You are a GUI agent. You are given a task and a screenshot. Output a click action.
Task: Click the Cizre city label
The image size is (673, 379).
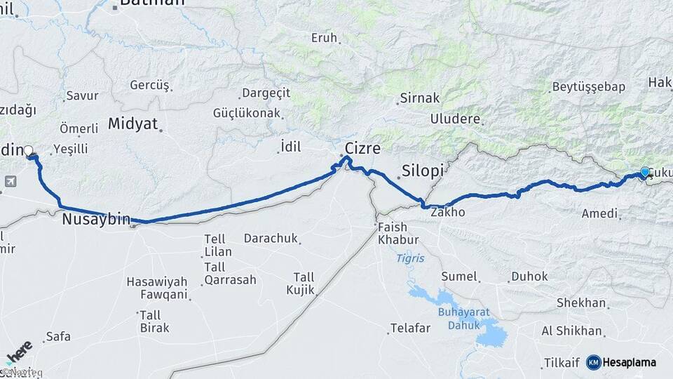pyautogui.click(x=362, y=149)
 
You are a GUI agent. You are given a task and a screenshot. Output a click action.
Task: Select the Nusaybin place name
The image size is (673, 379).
pyautogui.click(x=96, y=220)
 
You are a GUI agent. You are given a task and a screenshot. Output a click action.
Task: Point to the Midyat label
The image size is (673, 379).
pyautogui.click(x=132, y=124)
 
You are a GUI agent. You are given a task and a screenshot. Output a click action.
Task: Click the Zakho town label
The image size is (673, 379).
pyautogui.click(x=447, y=211)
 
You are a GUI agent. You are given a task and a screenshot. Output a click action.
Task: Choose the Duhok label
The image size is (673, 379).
pyautogui.click(x=529, y=277)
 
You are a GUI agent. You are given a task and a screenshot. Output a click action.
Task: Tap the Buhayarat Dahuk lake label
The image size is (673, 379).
pyautogui.click(x=459, y=319)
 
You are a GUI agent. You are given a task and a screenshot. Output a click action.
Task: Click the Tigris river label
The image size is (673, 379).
pyautogui.click(x=410, y=258)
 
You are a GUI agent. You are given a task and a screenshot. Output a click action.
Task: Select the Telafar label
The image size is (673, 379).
pyautogui.click(x=410, y=328)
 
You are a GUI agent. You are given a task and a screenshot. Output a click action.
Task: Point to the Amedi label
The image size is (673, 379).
pyautogui.click(x=599, y=213)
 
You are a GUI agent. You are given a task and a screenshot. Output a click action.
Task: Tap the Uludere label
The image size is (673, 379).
pyautogui.click(x=456, y=119)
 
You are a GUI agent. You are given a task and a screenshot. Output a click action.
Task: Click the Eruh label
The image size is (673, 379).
pyautogui.click(x=324, y=38)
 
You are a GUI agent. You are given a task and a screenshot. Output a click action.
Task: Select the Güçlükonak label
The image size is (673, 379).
pyautogui.click(x=247, y=113)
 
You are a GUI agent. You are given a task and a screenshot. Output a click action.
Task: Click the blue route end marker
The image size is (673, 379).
pyautogui.click(x=644, y=172)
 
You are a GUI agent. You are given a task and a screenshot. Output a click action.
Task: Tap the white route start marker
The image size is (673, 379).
pyautogui.click(x=29, y=150)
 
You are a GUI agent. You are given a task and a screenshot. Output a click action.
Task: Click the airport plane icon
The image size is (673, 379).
pyautogui.click(x=10, y=182)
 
